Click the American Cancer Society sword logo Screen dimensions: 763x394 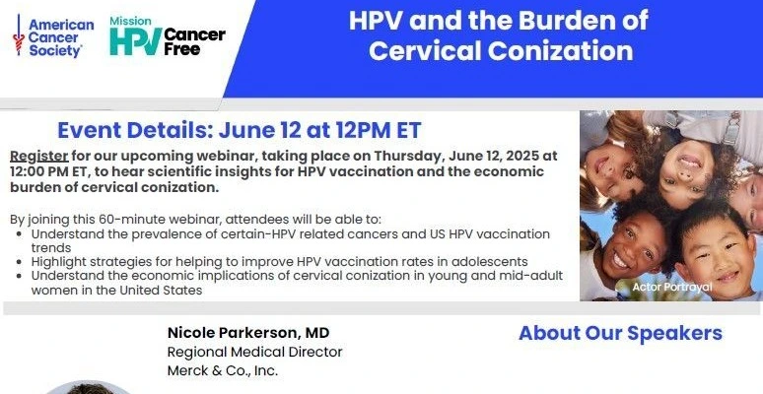tap(19, 34)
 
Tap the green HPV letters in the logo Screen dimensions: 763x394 tap(135, 41)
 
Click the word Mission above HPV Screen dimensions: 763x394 tap(130, 21)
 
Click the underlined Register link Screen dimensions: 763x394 tap(39, 157)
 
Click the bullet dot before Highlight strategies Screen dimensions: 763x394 tap(19, 262)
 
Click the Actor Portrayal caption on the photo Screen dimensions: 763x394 tap(672, 287)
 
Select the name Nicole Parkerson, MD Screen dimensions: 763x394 tap(248, 333)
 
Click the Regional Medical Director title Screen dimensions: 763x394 tap(255, 352)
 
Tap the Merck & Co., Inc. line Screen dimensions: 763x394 tap(223, 370)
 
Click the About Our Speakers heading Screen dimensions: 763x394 tap(620, 333)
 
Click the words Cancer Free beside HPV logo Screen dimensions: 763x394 tap(194, 41)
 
